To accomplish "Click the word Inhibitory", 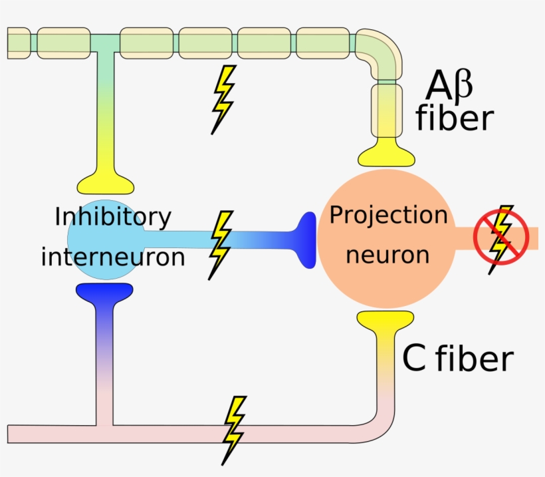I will coord(113,218).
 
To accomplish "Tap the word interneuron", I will coord(113,257).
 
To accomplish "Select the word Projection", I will coord(389,215).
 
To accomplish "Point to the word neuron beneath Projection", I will coord(388,254).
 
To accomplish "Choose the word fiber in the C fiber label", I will coord(475,359).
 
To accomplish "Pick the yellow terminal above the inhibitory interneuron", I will coord(106,180).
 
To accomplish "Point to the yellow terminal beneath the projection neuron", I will coord(386,320).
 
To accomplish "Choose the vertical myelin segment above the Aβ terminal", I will coord(386,106).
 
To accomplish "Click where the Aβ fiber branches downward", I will coord(100,44).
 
